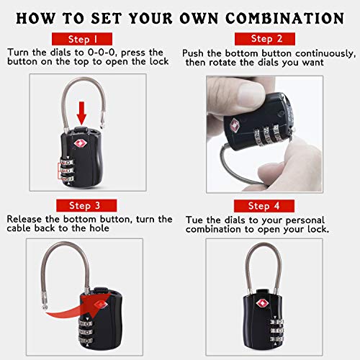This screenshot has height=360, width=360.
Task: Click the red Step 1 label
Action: tap(82, 39)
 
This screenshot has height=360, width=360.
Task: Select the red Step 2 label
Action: tap(265, 39)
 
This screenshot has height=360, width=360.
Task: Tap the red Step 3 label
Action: tap(86, 205)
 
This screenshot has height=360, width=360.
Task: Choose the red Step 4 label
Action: tap(264, 206)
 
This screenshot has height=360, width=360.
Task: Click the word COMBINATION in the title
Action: tap(285, 19)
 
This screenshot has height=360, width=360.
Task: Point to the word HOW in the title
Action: tap(36, 19)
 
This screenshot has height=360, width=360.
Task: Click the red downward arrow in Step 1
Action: tap(81, 113)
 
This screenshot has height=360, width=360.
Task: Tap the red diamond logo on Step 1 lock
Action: tap(79, 143)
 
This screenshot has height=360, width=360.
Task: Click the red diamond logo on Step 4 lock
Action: tap(263, 303)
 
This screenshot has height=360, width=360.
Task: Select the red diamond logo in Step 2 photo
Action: tap(234, 125)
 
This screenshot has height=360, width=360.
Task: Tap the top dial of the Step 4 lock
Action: tap(276, 322)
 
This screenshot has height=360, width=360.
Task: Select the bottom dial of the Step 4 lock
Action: tap(276, 339)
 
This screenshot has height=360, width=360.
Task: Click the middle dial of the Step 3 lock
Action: tap(86, 333)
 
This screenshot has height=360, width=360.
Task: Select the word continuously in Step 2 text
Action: tap(325, 54)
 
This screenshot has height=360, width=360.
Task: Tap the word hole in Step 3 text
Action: tap(99, 228)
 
